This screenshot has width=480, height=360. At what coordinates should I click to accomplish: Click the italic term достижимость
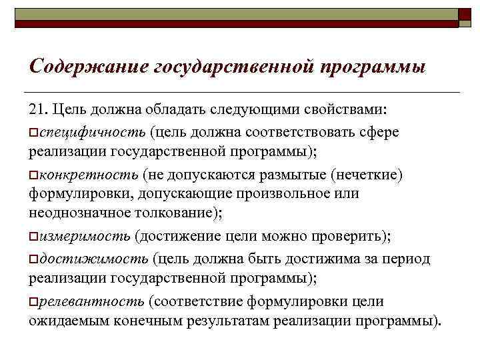point(93,259)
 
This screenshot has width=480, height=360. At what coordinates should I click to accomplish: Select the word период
point(407,259)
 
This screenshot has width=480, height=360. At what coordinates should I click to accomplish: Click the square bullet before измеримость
point(33,237)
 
